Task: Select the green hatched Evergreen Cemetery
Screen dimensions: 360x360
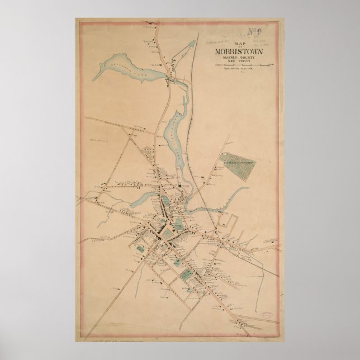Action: (x=237, y=167)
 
